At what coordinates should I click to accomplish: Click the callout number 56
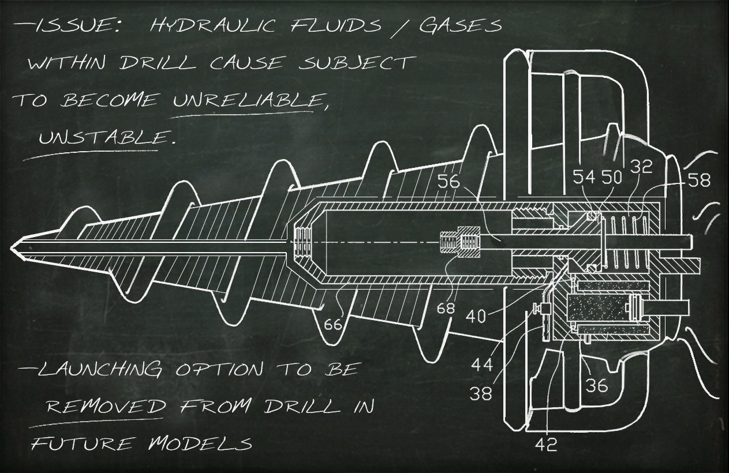coord(448,182)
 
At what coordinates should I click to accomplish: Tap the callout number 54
coord(584,178)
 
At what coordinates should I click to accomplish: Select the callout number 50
coord(611,178)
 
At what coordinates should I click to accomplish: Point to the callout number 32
coord(641,166)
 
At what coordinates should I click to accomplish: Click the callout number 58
coord(698,180)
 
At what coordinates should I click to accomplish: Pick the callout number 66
coord(332,324)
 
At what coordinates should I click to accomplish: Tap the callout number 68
coord(446,308)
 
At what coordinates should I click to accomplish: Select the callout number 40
coord(476,316)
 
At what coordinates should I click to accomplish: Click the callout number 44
coord(482,365)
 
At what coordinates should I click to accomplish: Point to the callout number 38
coord(480,395)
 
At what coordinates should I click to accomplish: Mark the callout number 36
coord(597,386)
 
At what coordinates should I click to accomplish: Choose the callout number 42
coord(546,444)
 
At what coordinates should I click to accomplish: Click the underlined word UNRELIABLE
coord(251,100)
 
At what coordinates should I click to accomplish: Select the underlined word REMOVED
coord(105,406)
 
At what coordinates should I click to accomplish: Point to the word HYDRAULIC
coord(212,25)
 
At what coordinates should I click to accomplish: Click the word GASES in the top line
coord(460,26)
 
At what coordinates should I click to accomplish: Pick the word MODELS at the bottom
coord(201,443)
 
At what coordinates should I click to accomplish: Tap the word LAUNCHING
coord(100,369)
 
